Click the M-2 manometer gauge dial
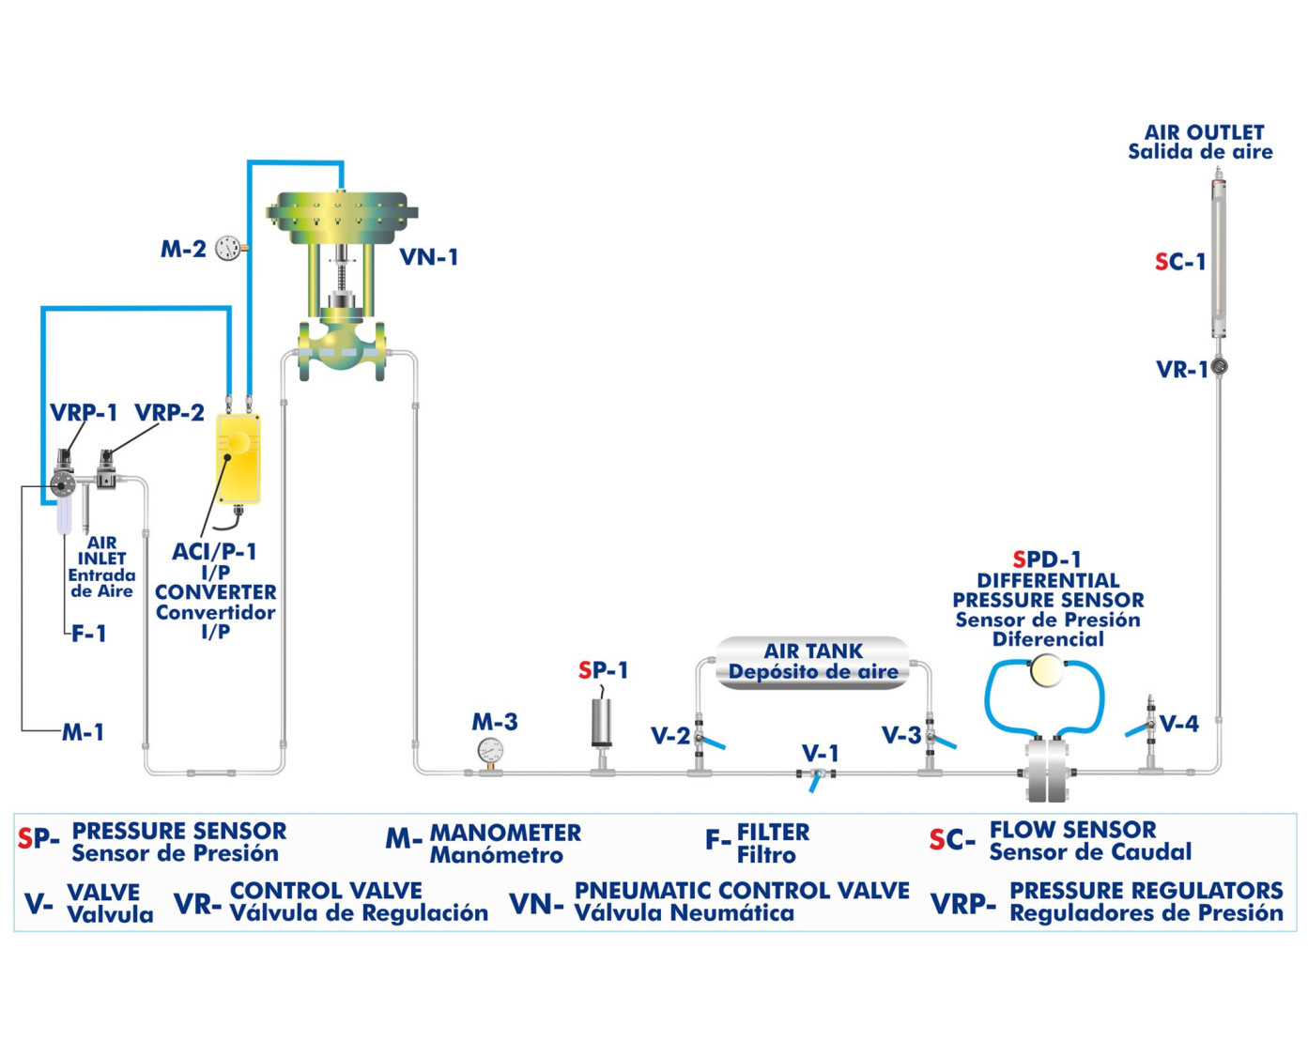tap(227, 248)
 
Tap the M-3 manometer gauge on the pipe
tap(489, 750)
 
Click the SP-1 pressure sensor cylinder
tap(602, 723)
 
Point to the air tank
tap(813, 662)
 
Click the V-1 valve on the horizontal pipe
tap(817, 774)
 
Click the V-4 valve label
tap(1178, 724)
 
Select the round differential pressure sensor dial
tap(1045, 671)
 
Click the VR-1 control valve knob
tap(1219, 366)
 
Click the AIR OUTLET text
tap(1203, 133)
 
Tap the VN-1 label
tap(428, 257)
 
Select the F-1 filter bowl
tap(64, 514)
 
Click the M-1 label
tap(83, 733)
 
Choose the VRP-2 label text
tap(169, 413)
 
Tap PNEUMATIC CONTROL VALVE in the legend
tap(742, 890)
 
